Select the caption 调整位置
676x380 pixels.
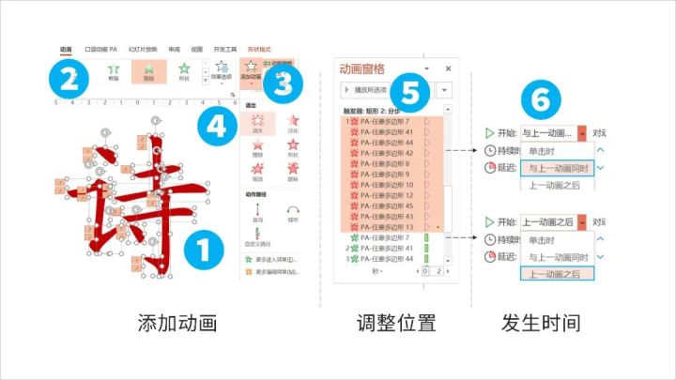click(x=396, y=325)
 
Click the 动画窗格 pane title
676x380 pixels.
click(x=369, y=68)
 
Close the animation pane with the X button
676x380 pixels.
click(x=448, y=68)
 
